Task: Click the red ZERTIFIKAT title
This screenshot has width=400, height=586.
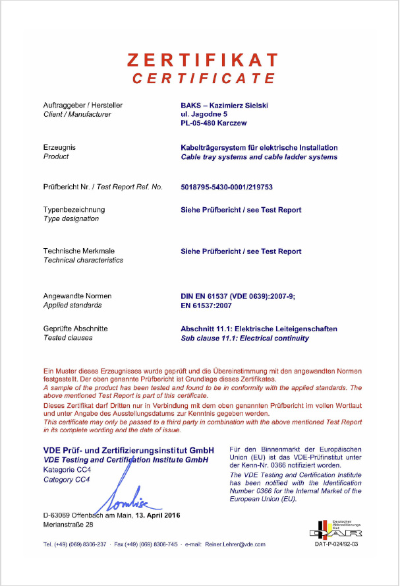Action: point(203,60)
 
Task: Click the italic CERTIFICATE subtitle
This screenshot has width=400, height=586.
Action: point(203,79)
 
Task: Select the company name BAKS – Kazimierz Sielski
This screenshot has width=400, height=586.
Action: point(228,105)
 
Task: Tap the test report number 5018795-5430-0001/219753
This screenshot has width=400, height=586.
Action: point(227,187)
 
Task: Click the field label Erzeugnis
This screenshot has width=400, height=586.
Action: point(59,147)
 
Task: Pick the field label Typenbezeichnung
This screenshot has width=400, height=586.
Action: point(74,210)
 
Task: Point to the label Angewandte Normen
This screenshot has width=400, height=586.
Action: point(77,296)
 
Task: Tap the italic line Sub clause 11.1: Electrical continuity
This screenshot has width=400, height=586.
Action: point(244,338)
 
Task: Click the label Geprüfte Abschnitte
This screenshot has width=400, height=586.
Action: point(76,328)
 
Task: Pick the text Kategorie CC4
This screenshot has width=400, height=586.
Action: point(67,469)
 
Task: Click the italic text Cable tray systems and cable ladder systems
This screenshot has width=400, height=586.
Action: point(259,157)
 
